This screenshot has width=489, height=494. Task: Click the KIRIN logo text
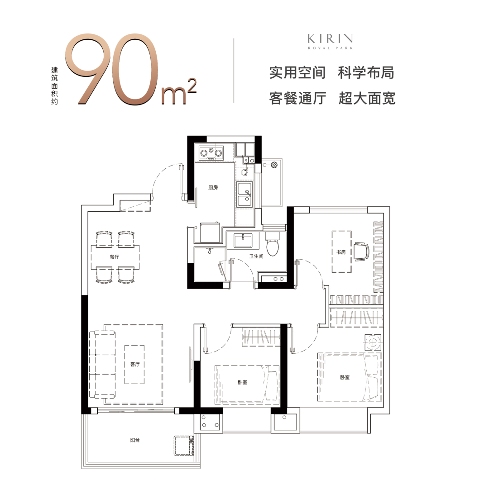(x=330, y=39)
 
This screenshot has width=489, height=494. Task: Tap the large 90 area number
(x=111, y=69)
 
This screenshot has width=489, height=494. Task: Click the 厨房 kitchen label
(x=213, y=187)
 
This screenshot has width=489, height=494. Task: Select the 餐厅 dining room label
(x=115, y=257)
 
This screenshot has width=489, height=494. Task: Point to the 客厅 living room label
(x=135, y=364)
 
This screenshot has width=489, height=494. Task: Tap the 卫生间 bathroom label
(x=256, y=256)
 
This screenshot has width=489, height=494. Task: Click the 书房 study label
(x=341, y=252)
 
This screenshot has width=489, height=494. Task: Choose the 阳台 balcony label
(x=135, y=440)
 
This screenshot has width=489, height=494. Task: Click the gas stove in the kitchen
(x=211, y=153)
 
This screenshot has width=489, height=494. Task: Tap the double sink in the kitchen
(x=244, y=195)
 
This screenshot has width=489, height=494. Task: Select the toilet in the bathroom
(x=273, y=244)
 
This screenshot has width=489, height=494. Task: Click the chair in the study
(x=361, y=252)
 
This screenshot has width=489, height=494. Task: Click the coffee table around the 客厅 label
(x=134, y=365)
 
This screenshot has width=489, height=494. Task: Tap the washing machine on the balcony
(x=184, y=446)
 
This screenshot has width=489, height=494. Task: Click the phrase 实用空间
(x=297, y=73)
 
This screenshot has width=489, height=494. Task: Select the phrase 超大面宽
(x=367, y=98)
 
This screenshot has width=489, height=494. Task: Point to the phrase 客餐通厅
(x=297, y=98)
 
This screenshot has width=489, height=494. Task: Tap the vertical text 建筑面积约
(x=54, y=85)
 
